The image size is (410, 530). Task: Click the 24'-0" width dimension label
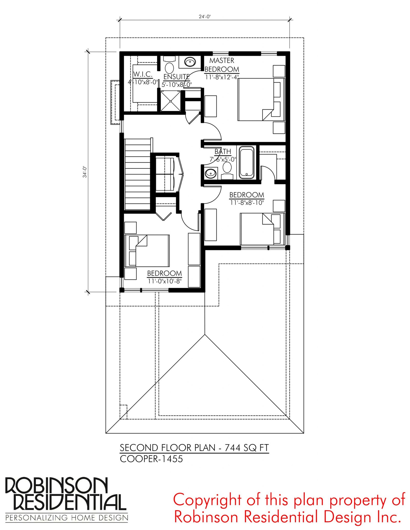click(x=205, y=17)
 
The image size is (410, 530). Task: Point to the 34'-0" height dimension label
click(x=85, y=172)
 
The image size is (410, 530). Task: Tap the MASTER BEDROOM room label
click(x=222, y=65)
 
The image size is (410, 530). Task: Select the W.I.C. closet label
click(x=143, y=74)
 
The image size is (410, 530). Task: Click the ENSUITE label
click(x=177, y=77)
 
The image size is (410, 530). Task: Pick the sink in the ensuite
click(x=190, y=62)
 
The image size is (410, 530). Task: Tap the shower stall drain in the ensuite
click(x=170, y=101)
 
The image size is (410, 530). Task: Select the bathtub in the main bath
click(x=247, y=163)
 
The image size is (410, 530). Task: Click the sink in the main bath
click(x=211, y=174)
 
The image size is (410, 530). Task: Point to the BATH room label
click(x=223, y=152)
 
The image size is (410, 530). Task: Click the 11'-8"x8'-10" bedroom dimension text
click(x=247, y=203)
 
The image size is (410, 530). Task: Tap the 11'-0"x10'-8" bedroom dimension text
click(x=165, y=281)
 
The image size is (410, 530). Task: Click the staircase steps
click(x=137, y=175)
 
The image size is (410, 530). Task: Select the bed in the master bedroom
click(x=261, y=100)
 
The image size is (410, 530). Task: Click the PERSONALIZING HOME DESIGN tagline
click(x=67, y=518)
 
